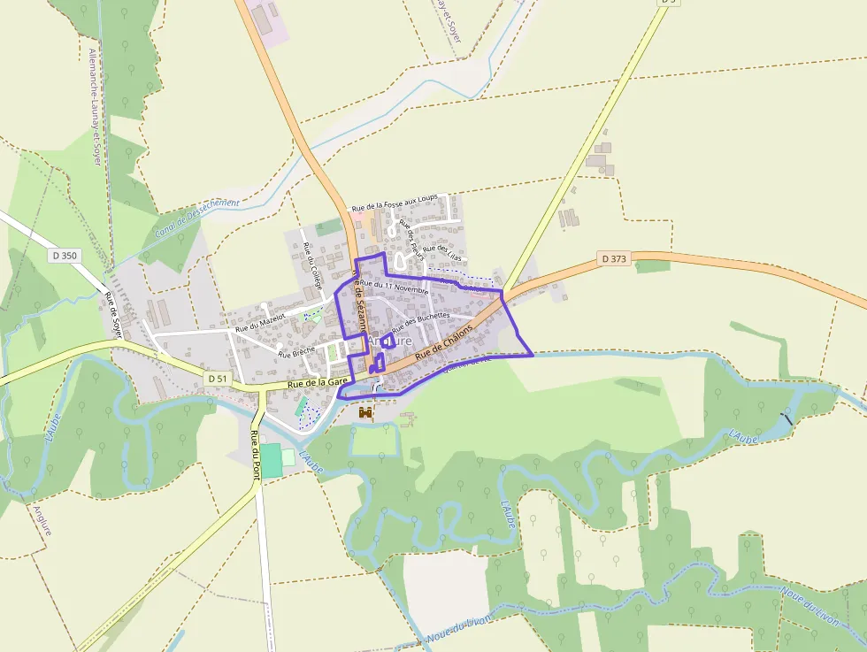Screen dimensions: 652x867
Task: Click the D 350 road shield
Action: coord(65,256)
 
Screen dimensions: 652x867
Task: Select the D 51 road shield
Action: coord(218,378)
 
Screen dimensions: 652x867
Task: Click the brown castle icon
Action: coord(365,412)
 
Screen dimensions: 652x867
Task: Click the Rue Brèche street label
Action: coord(296,352)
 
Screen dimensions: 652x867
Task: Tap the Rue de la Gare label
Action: coord(318,382)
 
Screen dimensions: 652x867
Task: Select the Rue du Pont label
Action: coord(255,454)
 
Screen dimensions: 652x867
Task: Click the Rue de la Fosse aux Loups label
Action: coord(395,203)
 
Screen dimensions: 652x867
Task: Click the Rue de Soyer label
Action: coord(114,315)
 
